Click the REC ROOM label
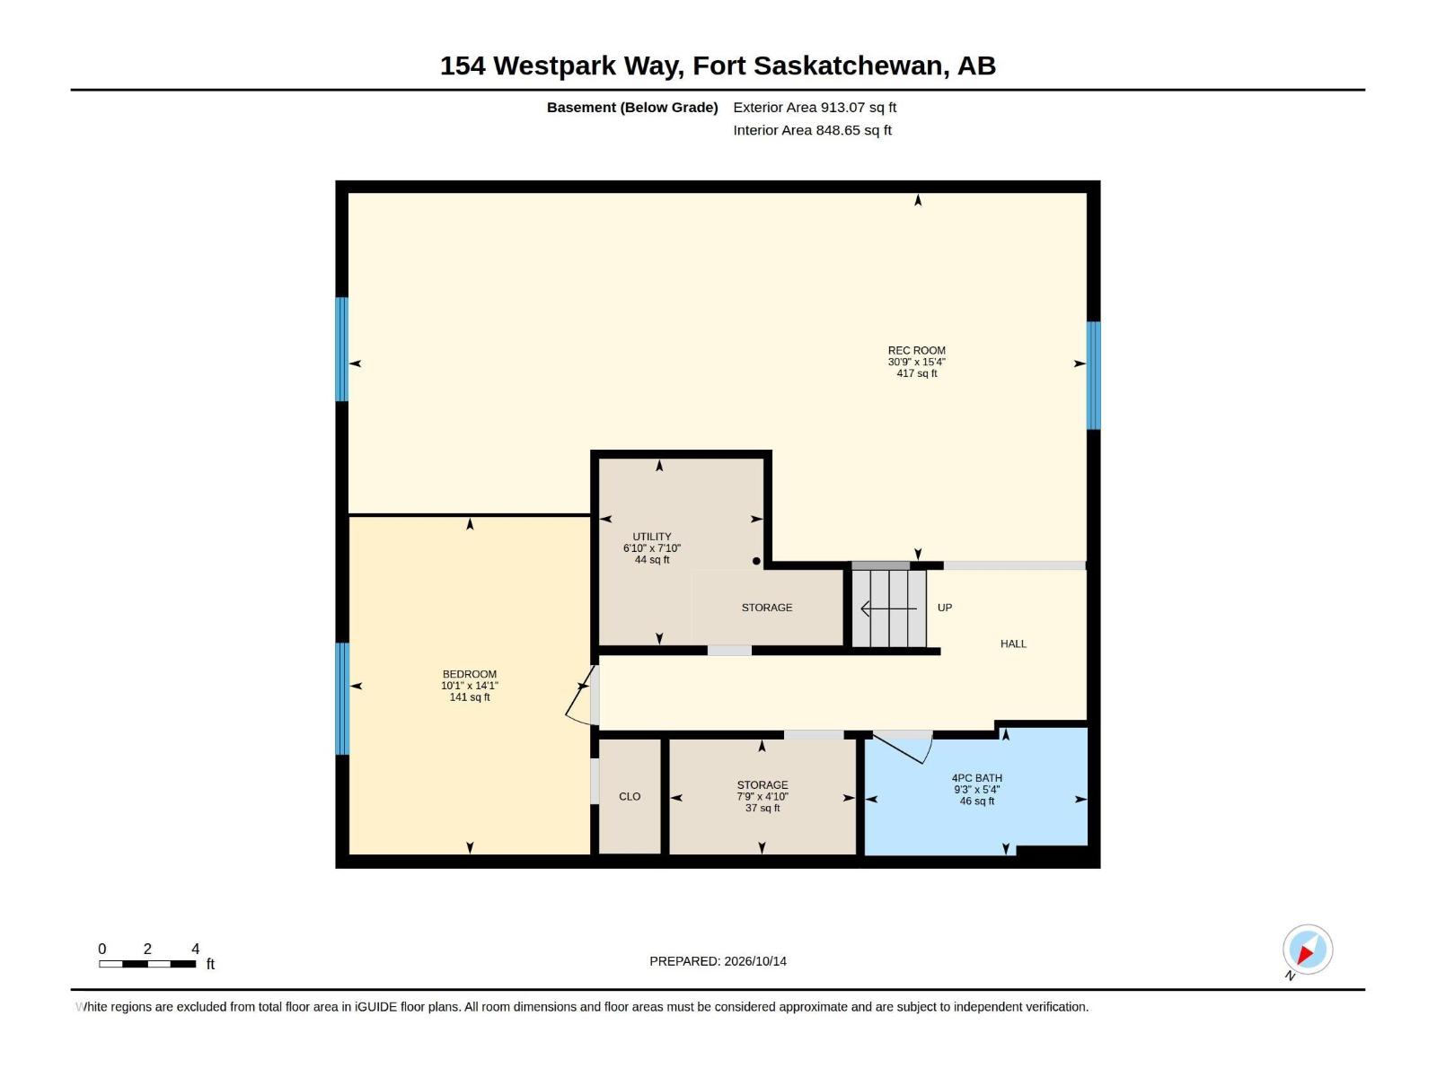(x=917, y=351)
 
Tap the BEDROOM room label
(x=470, y=674)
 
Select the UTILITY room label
(x=651, y=537)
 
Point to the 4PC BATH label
(x=977, y=778)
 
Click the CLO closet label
(x=630, y=796)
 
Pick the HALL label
(x=1013, y=644)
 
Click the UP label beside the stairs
(x=945, y=608)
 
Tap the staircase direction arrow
(x=888, y=609)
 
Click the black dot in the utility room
(x=756, y=561)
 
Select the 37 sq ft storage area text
(x=763, y=809)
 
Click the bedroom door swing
(x=580, y=698)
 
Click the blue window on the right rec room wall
(x=1093, y=375)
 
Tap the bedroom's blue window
(x=342, y=698)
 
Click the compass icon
(x=1308, y=950)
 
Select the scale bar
(x=147, y=964)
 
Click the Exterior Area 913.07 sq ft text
(x=815, y=107)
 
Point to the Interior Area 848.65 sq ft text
(x=812, y=130)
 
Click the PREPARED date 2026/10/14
(x=754, y=961)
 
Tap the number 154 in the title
(x=463, y=66)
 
